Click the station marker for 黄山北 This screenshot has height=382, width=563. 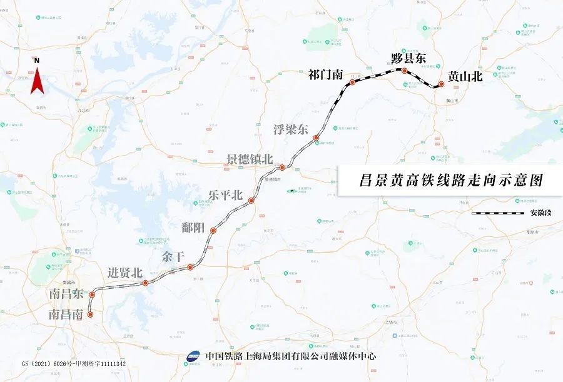(441, 84)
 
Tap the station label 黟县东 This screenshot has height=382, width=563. (408, 58)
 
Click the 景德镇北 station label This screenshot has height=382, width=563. (250, 159)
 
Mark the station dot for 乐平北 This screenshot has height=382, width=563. (251, 201)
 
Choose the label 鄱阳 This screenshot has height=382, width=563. (193, 227)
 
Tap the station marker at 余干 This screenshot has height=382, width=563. (190, 268)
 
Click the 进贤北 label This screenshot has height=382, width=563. (125, 273)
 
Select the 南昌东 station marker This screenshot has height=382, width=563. (92, 294)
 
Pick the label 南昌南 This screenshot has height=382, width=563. (66, 315)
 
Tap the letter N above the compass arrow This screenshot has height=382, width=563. (37, 61)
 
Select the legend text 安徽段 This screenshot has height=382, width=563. (542, 213)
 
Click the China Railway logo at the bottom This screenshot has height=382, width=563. (194, 356)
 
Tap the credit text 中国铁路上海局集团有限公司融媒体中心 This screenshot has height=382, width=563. (291, 356)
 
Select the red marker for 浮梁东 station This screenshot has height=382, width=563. (316, 138)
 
